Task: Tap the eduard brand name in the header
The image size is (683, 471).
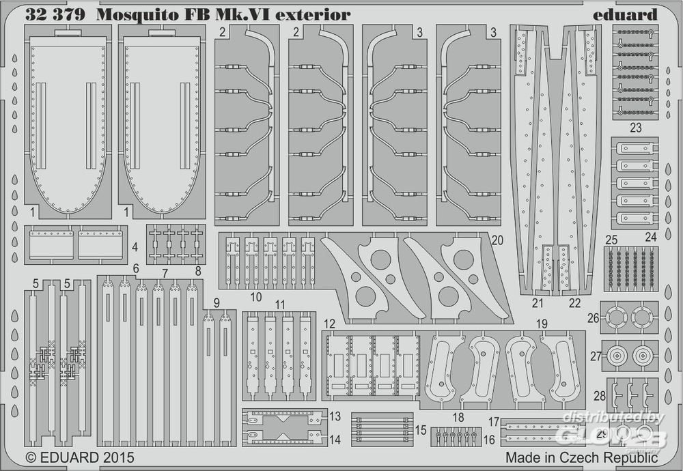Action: [x=626, y=14]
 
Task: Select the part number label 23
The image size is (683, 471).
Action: [x=636, y=127]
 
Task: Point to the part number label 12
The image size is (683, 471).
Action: [x=330, y=323]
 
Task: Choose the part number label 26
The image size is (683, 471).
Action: [x=593, y=317]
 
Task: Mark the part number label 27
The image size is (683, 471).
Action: [x=596, y=356]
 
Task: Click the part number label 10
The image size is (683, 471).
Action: [x=256, y=297]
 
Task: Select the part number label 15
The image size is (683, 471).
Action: [x=421, y=430]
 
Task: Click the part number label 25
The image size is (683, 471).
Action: [x=611, y=240]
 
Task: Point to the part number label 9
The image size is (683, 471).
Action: [x=216, y=302]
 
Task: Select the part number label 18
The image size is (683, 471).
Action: [x=458, y=418]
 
